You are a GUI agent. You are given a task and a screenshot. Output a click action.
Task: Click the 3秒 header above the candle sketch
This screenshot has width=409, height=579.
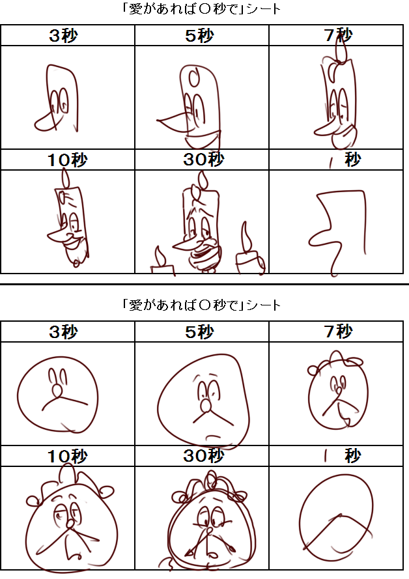click(x=63, y=35)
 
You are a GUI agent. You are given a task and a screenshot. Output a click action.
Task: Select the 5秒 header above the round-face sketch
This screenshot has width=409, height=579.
click(x=199, y=332)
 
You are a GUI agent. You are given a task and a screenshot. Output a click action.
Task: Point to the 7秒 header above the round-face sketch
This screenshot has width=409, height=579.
click(x=338, y=332)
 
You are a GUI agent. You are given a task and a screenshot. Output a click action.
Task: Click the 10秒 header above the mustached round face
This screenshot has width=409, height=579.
click(x=68, y=456)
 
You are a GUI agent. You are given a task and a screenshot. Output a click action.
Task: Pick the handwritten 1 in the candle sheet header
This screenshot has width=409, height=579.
click(x=331, y=162)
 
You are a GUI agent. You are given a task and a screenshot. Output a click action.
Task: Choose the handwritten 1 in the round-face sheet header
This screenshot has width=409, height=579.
click(x=326, y=457)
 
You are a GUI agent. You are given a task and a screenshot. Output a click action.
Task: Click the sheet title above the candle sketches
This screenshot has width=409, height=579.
click(x=201, y=9)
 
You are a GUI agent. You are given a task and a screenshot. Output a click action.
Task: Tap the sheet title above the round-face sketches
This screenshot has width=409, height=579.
click(x=201, y=305)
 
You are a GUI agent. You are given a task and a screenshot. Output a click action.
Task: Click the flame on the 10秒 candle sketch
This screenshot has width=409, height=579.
click(x=66, y=178)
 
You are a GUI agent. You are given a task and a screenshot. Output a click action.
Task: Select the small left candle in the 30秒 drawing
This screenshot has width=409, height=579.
click(x=162, y=261)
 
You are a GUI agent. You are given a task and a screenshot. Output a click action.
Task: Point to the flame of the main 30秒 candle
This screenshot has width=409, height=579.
click(x=203, y=181)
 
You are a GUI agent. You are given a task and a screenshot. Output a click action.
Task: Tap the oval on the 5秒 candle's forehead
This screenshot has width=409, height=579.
click(x=194, y=77)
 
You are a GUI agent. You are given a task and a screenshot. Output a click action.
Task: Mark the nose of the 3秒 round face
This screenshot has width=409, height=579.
click(x=57, y=391)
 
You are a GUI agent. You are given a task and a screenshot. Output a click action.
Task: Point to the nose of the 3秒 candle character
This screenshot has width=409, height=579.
click(x=46, y=122)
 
